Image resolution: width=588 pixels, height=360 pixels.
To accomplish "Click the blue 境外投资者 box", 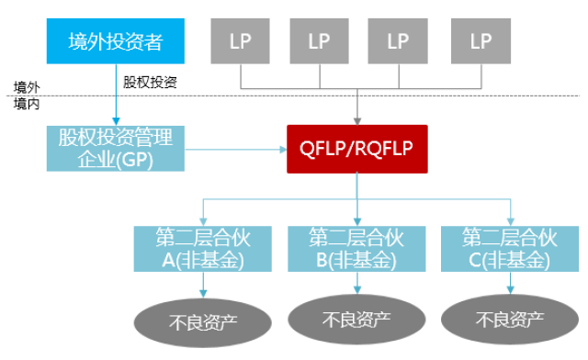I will point(114,41).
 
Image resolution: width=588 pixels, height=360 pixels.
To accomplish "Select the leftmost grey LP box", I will point(241,41).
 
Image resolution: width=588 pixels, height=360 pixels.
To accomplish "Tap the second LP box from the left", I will point(319,41).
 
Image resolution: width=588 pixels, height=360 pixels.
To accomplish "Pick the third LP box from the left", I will point(398,41).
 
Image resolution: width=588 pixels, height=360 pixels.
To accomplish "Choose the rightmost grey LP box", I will point(481,41).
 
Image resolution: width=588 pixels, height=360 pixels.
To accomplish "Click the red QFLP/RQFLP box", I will point(357,148).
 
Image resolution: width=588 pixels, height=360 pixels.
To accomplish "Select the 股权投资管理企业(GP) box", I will point(116,148).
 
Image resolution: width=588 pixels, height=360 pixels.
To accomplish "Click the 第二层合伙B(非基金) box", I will point(357,248).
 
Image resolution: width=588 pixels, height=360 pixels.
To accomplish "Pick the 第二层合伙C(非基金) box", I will point(509,248).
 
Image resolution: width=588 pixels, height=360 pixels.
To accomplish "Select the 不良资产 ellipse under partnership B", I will point(357,320).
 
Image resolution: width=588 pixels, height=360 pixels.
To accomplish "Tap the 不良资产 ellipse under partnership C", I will point(510,321).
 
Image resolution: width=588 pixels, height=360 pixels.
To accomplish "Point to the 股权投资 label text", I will point(150,82).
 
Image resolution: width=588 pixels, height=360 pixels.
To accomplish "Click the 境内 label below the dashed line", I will point(26,104).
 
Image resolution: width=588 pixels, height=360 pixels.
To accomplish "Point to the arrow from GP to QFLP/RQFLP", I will point(235,148).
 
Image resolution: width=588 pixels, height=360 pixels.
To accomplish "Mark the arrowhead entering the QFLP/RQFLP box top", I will point(357,119).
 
